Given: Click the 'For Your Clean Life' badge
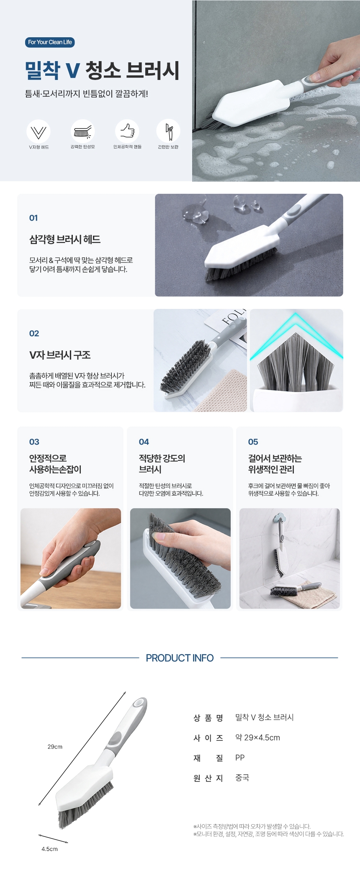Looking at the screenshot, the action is [x=50, y=42].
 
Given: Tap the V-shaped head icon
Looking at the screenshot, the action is [x=39, y=131].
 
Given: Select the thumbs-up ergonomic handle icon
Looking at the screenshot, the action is [x=127, y=131].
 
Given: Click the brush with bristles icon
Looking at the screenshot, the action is [x=83, y=131].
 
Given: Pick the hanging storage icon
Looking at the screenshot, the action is [x=168, y=131].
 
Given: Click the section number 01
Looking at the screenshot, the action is [x=33, y=218].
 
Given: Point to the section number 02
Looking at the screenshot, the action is [x=34, y=334].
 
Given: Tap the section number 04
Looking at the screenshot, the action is [x=144, y=442].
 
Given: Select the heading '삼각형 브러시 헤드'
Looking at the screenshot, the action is [x=65, y=239].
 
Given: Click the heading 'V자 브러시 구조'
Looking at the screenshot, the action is [x=60, y=355].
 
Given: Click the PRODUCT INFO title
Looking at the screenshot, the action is [x=180, y=658].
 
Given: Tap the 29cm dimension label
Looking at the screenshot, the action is [x=55, y=747].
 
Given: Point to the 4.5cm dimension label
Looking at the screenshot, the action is [x=49, y=849].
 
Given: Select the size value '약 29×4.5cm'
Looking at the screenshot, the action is [x=257, y=738].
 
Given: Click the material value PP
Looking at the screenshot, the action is [x=240, y=758].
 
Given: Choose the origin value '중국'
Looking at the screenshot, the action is [x=242, y=778].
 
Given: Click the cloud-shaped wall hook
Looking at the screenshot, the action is [x=281, y=517].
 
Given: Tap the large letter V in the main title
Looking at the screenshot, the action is [x=72, y=70].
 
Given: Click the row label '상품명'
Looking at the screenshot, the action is [x=208, y=718].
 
